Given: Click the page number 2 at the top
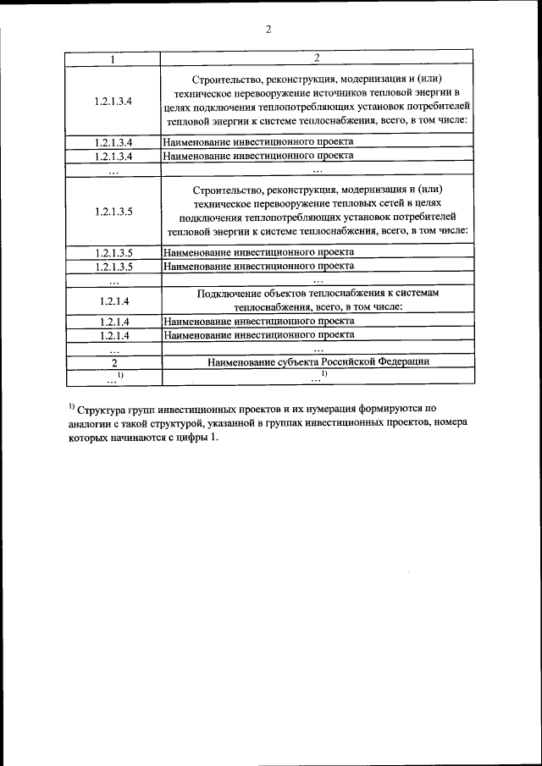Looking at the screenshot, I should (x=268, y=30).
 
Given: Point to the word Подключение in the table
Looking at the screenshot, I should (x=227, y=292).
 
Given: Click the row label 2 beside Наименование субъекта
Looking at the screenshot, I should (x=113, y=362).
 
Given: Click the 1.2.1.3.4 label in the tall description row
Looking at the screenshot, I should (x=113, y=100).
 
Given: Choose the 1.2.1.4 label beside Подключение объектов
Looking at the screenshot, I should (x=113, y=300).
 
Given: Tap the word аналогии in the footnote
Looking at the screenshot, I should (x=92, y=423).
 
